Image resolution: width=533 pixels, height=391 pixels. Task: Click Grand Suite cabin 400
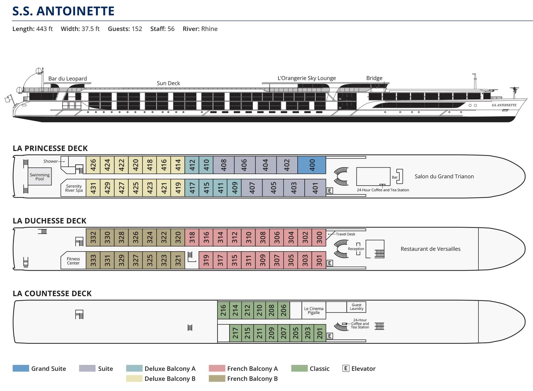point(312,165)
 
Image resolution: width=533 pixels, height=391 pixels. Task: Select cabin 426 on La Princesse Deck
point(93,165)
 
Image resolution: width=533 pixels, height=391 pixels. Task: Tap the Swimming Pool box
point(40,177)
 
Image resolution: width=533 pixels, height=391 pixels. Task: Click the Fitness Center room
point(73,261)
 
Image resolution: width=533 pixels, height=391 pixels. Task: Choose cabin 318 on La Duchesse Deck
point(192,237)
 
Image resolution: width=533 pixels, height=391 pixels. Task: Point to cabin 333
point(93,260)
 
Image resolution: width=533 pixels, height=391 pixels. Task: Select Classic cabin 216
point(223,310)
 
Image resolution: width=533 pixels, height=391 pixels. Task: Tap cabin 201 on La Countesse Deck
point(320,333)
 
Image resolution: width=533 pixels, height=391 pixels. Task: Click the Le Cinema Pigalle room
point(314,311)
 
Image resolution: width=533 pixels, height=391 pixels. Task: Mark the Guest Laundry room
point(356,307)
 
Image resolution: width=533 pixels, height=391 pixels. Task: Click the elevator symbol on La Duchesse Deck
point(330,263)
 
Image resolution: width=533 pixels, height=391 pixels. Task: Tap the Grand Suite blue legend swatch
point(21,368)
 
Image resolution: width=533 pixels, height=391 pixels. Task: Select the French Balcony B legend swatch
point(217,378)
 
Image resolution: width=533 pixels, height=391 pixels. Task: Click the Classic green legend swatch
point(299,368)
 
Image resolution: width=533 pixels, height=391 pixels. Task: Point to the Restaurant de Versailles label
point(430,249)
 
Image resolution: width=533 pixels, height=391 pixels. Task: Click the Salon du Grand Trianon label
point(444,176)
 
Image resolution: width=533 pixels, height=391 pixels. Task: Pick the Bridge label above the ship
point(374,78)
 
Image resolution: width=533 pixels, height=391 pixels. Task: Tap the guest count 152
point(137,29)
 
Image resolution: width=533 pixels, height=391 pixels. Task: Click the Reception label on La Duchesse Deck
point(356,249)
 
